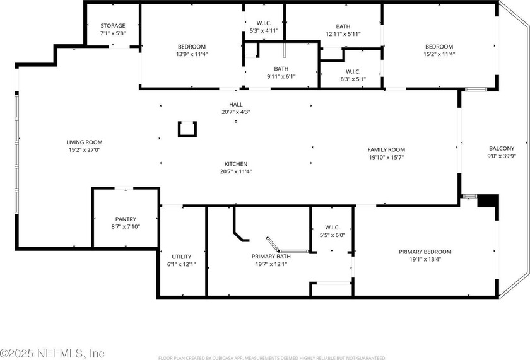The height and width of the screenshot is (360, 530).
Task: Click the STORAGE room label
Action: coord(113,26)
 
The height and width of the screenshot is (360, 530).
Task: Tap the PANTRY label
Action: coord(126,219)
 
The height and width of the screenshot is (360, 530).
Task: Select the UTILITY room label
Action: coord(182,257)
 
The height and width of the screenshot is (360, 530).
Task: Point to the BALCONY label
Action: coord(502,148)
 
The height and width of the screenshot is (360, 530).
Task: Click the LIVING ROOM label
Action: coord(85,142)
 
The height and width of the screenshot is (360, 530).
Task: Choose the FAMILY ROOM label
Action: coord(386,149)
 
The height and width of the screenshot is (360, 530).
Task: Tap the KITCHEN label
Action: coord(236,164)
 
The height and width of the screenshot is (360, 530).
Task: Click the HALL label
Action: coord(236,105)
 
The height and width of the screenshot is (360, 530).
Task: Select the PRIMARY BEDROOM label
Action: coord(425,252)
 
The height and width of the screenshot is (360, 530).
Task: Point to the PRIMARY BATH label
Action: coord(271,257)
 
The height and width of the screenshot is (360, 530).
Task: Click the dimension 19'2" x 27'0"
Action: coord(85,150)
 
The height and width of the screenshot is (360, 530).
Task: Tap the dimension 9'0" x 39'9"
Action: coord(502,156)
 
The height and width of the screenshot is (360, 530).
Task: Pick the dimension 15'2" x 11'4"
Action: coord(439,54)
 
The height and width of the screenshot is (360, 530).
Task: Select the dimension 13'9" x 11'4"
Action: coord(192,54)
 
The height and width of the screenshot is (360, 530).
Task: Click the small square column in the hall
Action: coord(187,129)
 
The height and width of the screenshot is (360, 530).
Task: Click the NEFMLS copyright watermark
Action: coord(52,354)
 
